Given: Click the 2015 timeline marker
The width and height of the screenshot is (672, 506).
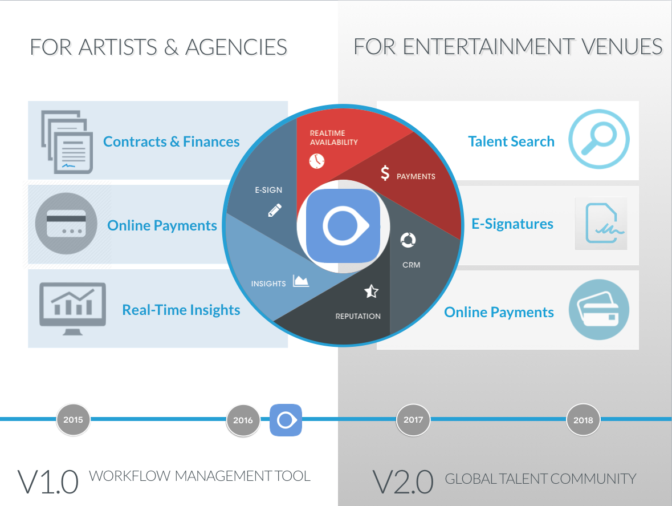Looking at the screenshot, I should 73,420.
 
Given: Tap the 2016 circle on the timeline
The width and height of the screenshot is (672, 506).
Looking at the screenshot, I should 243,420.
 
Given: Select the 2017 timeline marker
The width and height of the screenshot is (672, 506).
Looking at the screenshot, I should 413,420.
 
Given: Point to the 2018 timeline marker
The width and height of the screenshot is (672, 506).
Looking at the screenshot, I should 583,420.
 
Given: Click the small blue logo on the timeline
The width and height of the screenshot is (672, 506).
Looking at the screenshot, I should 286,420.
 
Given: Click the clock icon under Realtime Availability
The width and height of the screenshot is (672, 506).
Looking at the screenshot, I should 316,161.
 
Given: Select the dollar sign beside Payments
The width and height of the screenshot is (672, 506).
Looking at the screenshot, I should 385,173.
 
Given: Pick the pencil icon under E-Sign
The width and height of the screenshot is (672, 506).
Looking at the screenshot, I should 275,211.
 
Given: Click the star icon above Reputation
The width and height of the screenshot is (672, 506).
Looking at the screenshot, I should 371,292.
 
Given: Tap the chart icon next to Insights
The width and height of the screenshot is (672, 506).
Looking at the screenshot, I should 301,281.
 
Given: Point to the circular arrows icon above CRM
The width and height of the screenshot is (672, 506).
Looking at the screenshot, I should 408,240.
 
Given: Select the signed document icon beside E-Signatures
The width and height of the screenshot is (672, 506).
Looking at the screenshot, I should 601,224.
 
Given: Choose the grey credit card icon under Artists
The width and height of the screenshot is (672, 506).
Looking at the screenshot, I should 66,224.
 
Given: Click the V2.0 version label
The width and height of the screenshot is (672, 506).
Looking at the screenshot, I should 402,482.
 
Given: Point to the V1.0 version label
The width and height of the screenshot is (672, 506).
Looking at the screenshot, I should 48,482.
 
